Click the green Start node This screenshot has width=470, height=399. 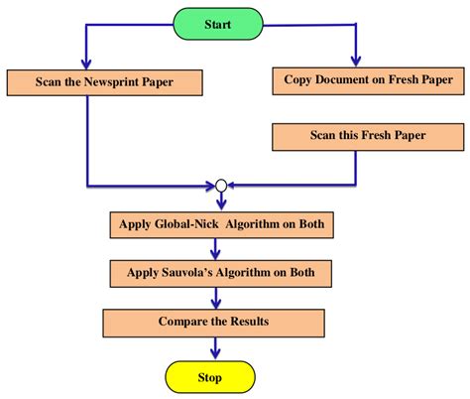point(218,23)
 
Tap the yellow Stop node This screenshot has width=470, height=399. point(209,377)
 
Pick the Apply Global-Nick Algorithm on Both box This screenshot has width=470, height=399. point(217,224)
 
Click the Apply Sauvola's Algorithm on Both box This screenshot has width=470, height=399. point(215,272)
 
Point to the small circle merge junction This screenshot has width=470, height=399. point(221,185)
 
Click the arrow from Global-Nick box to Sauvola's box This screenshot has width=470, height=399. point(217,248)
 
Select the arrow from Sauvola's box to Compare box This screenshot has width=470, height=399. point(217,296)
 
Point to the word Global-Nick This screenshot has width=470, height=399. point(185,224)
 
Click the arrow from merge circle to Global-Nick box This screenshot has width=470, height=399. point(221,200)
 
